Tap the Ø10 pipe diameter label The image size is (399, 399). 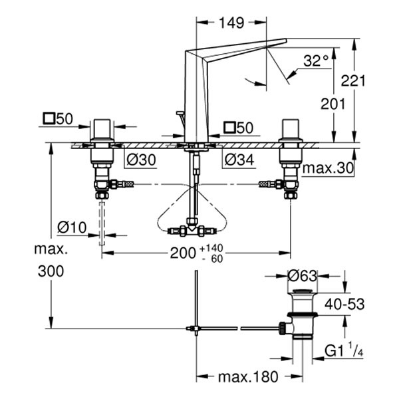pos(71,228)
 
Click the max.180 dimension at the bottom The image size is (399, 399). pos(247,378)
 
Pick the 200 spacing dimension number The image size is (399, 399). pos(182,253)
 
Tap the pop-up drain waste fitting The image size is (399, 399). pos(302,316)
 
